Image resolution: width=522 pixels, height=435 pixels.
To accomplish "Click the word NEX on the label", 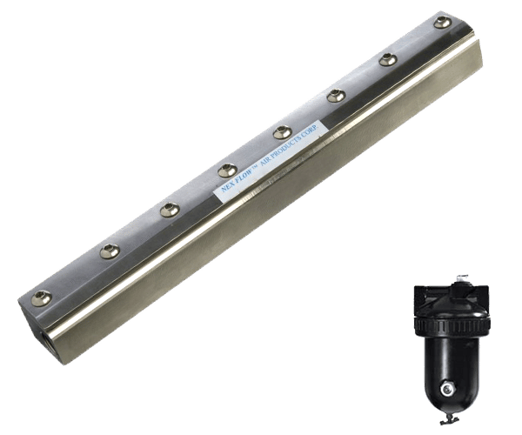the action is pyautogui.click(x=228, y=189).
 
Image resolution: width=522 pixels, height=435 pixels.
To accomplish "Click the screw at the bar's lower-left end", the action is pyautogui.click(x=42, y=298).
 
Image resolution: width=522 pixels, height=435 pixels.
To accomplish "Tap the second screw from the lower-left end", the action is pyautogui.click(x=110, y=251).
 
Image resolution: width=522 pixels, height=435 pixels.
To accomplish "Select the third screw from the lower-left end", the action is pyautogui.click(x=170, y=211).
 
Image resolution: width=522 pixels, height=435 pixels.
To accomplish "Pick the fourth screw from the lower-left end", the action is pyautogui.click(x=228, y=171).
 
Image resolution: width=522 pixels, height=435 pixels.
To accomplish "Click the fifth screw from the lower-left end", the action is pyautogui.click(x=283, y=132).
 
